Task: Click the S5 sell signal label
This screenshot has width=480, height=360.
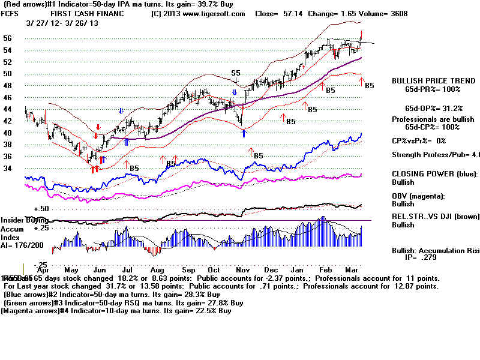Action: point(236,73)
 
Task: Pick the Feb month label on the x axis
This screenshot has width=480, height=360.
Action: point(326,270)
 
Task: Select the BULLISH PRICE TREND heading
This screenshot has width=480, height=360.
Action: point(425,80)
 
